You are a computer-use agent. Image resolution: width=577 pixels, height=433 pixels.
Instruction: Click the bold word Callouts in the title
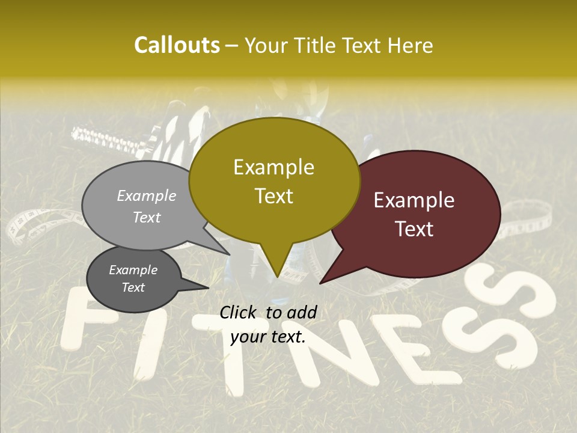(177, 45)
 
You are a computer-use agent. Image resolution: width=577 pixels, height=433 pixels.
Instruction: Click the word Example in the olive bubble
(273, 167)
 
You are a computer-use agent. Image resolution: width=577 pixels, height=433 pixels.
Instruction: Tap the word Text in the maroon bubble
(415, 229)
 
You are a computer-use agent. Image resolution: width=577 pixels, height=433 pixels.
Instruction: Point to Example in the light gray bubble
(146, 196)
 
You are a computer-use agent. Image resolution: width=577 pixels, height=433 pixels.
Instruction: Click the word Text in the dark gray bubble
(133, 287)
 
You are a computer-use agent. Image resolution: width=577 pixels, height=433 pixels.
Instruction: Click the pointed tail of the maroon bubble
(328, 277)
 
